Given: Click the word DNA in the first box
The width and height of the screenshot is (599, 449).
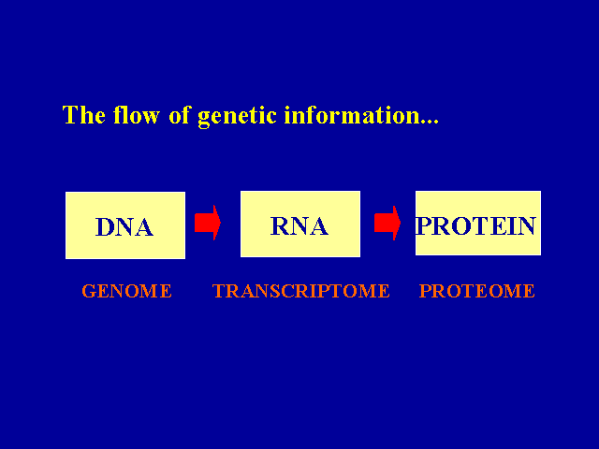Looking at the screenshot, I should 124,227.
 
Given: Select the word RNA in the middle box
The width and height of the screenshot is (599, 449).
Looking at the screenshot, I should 299,226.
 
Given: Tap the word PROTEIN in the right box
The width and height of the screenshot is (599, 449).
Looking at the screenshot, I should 476,226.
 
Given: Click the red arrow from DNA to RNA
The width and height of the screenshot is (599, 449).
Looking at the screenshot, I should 207,224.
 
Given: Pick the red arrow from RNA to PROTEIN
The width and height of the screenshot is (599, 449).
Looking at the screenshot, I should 387,223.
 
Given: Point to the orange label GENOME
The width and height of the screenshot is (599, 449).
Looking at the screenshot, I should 126,291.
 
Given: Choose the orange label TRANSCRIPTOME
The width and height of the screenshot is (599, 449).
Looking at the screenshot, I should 300,291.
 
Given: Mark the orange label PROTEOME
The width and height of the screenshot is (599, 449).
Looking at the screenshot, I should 476,291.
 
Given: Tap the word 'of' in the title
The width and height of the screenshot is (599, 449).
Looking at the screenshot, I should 181,116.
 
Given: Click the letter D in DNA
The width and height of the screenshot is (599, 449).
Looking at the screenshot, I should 105,227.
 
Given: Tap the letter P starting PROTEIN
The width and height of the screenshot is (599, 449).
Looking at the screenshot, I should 423,226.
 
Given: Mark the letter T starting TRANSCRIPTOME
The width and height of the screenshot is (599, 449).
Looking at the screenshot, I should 218,291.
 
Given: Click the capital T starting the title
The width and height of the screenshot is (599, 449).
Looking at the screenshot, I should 70,116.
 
